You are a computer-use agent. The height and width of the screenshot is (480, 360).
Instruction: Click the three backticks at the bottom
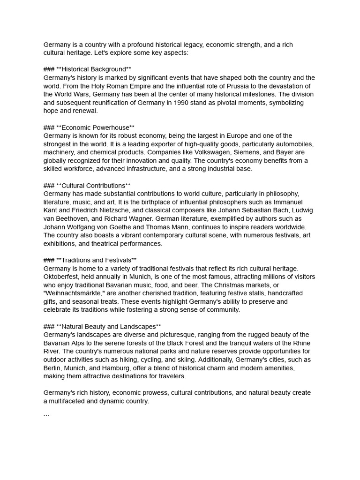point(46,416)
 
